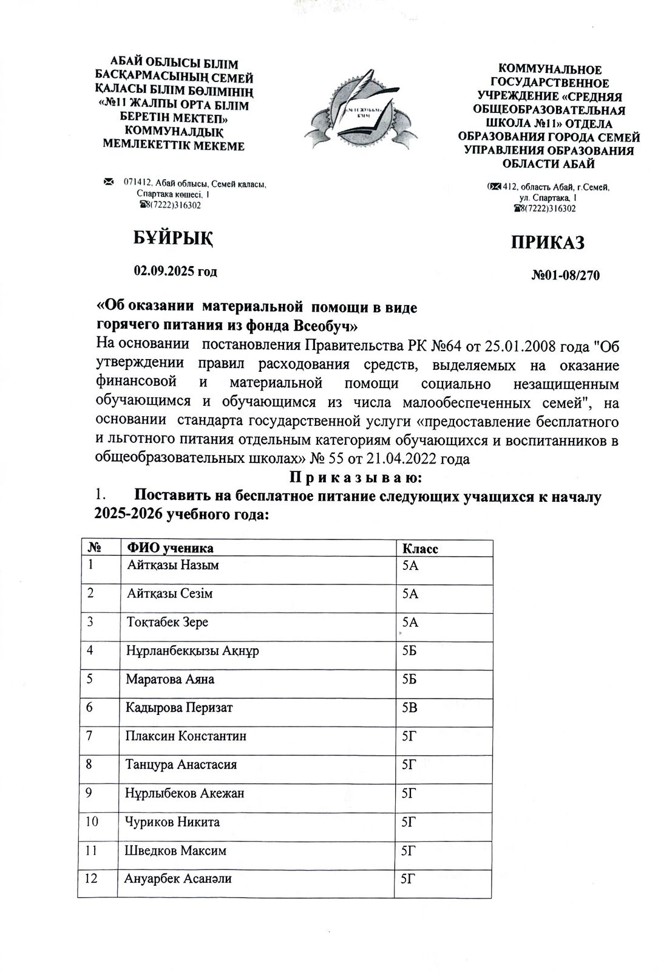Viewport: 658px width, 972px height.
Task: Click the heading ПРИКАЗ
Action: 548,242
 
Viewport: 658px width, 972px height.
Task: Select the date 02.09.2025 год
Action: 175,271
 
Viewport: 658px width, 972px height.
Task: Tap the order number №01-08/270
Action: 565,276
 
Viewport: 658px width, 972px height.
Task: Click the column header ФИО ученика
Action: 169,548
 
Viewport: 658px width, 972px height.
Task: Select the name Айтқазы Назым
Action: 173,565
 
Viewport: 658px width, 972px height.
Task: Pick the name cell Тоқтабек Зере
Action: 167,622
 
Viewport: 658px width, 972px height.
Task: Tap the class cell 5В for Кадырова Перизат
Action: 410,708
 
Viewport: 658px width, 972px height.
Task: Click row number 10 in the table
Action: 93,822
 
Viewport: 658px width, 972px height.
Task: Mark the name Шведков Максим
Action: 176,850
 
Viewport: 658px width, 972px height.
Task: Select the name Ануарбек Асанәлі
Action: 178,878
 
